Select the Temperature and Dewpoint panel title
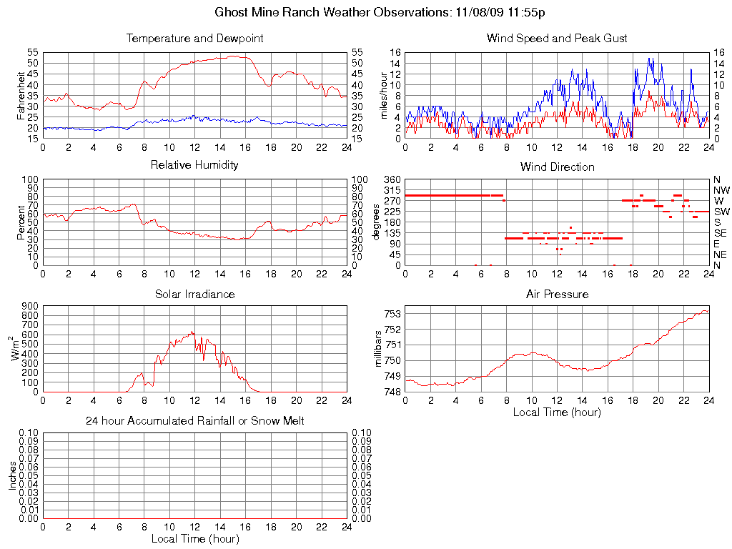[194, 39]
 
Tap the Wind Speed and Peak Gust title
[557, 39]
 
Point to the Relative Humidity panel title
[194, 165]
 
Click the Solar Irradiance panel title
[194, 294]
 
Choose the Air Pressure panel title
[557, 294]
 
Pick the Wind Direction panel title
[557, 167]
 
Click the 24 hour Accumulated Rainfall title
[194, 421]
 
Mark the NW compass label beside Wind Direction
[721, 190]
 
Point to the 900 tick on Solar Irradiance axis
[31, 306]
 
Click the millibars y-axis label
[379, 348]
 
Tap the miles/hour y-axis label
[385, 95]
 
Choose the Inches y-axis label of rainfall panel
[12, 475]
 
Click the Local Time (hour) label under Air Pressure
[557, 412]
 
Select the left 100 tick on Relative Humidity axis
[31, 179]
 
